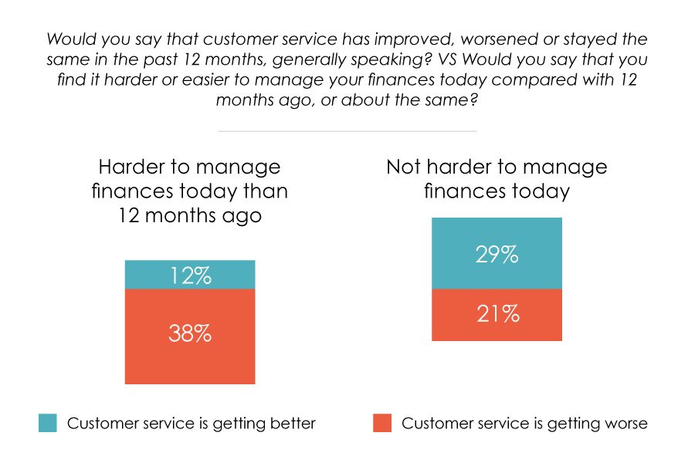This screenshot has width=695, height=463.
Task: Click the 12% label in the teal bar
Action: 190,275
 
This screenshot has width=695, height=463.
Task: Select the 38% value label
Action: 190,335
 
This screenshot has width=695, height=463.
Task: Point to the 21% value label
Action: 497,314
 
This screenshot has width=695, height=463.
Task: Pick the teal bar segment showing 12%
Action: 147,275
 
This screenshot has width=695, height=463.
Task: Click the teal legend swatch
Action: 47,423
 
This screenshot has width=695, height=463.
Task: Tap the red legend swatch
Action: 382,423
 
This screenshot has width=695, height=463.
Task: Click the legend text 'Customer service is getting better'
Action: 192,424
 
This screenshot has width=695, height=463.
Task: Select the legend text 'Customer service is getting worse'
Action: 524,424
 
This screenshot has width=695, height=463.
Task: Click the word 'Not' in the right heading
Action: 404,167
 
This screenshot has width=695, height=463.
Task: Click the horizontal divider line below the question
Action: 347,131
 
